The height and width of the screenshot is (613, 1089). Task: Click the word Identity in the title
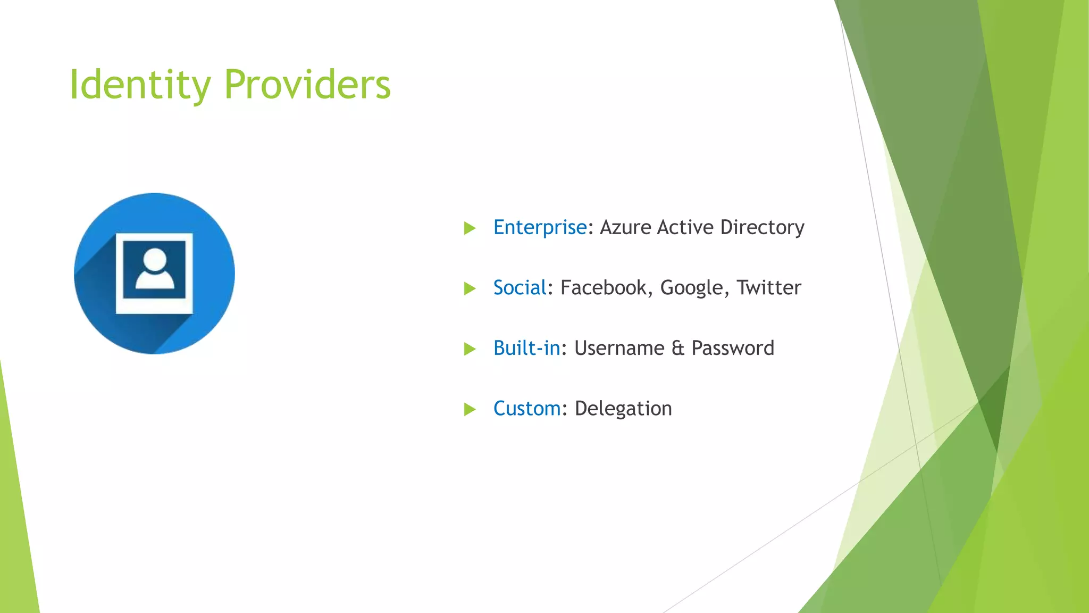pos(140,85)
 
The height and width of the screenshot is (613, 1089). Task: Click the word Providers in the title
pos(307,85)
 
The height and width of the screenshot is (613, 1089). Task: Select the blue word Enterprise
pos(540,228)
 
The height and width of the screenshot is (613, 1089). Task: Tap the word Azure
pos(625,228)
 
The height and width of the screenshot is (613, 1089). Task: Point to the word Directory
pos(762,228)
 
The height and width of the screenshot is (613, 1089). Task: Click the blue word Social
pos(520,288)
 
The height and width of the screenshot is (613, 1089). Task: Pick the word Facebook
pos(603,288)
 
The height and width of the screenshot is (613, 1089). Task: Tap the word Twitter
pos(768,288)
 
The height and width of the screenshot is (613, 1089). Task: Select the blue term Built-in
pos(526,348)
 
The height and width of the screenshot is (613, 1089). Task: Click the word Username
pos(619,348)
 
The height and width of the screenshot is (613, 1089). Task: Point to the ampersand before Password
pos(677,348)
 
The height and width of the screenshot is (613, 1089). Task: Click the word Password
pos(733,348)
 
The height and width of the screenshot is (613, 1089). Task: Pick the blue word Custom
pos(526,409)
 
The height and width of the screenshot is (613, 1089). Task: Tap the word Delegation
pos(623,409)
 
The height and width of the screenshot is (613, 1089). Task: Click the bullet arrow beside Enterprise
pos(470,228)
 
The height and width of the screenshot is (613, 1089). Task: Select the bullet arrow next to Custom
pos(470,409)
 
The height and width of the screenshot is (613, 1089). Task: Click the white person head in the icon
pos(155,260)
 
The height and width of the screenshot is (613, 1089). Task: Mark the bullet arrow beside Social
pos(470,288)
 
